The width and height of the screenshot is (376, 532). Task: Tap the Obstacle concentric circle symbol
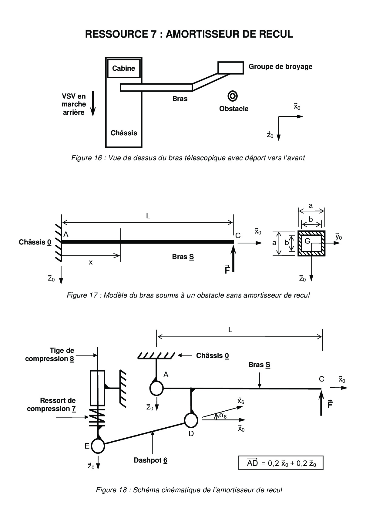[x=233, y=96]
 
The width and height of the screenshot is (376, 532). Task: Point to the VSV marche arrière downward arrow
[x=93, y=103]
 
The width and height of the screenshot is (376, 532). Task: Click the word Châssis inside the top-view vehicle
[x=124, y=133]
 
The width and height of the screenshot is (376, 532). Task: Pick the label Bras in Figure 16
[x=180, y=99]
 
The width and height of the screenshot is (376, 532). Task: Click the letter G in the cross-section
[x=307, y=241]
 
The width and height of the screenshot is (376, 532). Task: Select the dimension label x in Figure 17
[x=91, y=263]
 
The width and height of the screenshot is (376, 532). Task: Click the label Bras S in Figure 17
[x=183, y=257]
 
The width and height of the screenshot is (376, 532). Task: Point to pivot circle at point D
[x=191, y=420]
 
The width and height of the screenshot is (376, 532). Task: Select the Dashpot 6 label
[x=151, y=460]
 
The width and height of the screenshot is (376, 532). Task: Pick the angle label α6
[x=223, y=416]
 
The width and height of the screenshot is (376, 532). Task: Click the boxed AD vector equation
[x=281, y=463]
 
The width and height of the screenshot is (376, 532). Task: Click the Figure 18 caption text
[x=189, y=490]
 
